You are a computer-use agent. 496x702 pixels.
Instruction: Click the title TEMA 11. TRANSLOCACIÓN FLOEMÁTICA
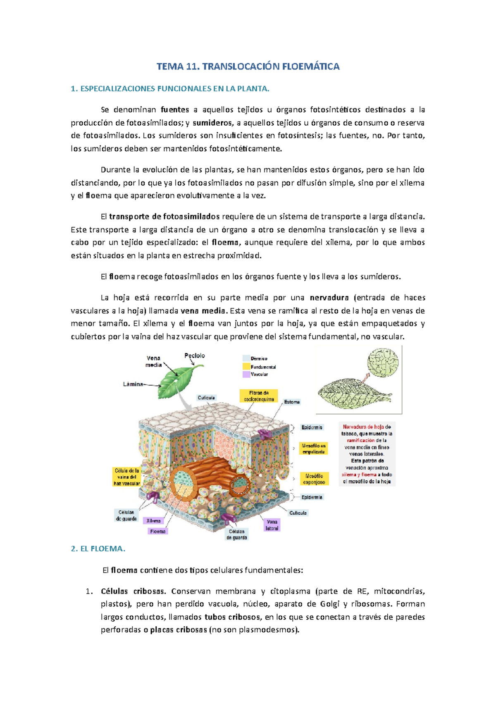(248, 67)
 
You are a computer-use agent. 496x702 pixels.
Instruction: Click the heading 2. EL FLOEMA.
(98, 549)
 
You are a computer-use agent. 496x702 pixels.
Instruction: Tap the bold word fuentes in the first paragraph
(175, 110)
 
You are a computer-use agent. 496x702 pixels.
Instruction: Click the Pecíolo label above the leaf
(194, 356)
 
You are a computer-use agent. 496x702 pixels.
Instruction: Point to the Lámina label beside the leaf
(133, 384)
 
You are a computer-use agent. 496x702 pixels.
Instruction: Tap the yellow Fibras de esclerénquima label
(259, 396)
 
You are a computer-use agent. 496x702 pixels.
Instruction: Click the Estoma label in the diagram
(292, 402)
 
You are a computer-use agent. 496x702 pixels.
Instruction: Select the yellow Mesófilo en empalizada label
(314, 449)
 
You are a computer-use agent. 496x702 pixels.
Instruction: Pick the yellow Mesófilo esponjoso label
(315, 479)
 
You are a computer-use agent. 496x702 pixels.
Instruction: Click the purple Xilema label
(154, 521)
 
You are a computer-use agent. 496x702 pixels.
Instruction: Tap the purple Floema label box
(158, 531)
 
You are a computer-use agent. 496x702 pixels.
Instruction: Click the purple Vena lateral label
(272, 525)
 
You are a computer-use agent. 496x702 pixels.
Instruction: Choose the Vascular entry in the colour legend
(259, 374)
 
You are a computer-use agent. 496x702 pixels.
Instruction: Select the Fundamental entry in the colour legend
(263, 367)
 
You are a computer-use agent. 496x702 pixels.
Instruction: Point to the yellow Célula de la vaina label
(127, 477)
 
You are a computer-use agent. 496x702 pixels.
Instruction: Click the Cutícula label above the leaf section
(206, 398)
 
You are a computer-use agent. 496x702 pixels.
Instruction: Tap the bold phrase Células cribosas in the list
(133, 591)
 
